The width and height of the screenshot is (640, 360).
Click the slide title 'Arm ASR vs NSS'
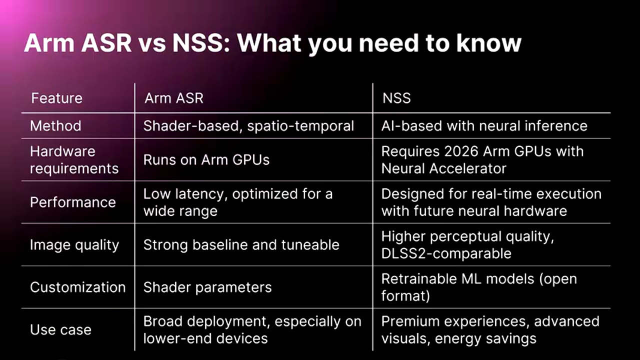pyautogui.click(x=272, y=43)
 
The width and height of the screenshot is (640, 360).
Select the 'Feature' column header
pyautogui.click(x=56, y=98)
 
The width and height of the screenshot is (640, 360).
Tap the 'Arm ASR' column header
pyautogui.click(x=174, y=98)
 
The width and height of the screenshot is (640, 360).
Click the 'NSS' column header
pyautogui.click(x=396, y=98)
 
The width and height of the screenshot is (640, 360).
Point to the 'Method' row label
pyautogui.click(x=55, y=125)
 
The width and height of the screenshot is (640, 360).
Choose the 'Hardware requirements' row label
pyautogui.click(x=74, y=160)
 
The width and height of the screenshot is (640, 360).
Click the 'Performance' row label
pyautogui.click(x=72, y=202)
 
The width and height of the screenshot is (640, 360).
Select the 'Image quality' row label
pyautogui.click(x=74, y=245)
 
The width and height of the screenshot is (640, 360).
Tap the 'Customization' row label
pyautogui.click(x=77, y=287)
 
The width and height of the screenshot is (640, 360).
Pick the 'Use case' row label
pyautogui.click(x=60, y=330)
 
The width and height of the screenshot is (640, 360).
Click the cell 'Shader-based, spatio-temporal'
pyautogui.click(x=248, y=125)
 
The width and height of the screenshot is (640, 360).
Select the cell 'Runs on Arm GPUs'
pyautogui.click(x=206, y=160)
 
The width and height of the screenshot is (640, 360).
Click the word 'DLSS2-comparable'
pyautogui.click(x=446, y=253)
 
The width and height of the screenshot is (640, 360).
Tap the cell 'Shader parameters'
pyautogui.click(x=207, y=287)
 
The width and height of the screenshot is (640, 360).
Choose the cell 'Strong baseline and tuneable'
pyautogui.click(x=241, y=245)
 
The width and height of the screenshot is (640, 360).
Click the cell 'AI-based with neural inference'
pyautogui.click(x=484, y=125)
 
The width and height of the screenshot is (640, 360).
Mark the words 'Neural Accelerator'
pyautogui.click(x=443, y=168)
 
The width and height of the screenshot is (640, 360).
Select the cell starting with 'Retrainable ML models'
pyautogui.click(x=478, y=287)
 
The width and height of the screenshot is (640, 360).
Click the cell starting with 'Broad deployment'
pyautogui.click(x=252, y=330)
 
